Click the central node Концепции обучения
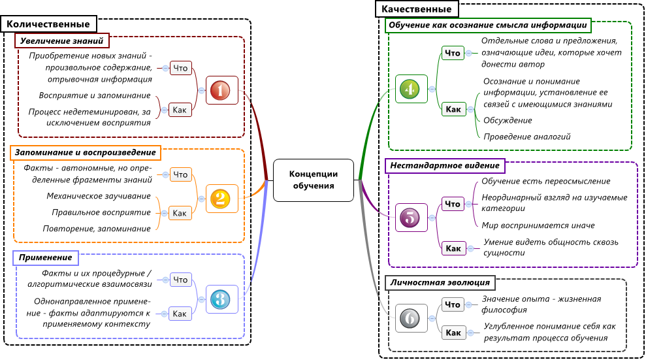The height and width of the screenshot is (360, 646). pyautogui.click(x=314, y=180)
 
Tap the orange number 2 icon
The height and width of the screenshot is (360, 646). pyautogui.click(x=219, y=199)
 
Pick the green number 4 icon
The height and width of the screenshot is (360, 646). pyautogui.click(x=410, y=89)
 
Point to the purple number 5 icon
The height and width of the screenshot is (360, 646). pyautogui.click(x=410, y=218)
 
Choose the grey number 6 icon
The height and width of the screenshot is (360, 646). pyautogui.click(x=410, y=318)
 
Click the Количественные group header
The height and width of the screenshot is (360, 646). pyautogui.click(x=49, y=24)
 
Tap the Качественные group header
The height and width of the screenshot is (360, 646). pyautogui.click(x=416, y=9)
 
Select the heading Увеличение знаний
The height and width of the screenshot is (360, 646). pyautogui.click(x=61, y=41)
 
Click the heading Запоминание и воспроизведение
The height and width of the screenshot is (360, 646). pyautogui.click(x=85, y=152)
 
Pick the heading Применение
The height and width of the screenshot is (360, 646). pyautogui.click(x=46, y=258)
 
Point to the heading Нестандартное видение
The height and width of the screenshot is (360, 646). pyautogui.click(x=445, y=165)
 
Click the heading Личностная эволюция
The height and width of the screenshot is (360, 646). pyautogui.click(x=440, y=283)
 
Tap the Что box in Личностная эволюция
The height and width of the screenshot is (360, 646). pyautogui.click(x=452, y=304)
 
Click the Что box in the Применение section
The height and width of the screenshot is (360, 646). pyautogui.click(x=180, y=280)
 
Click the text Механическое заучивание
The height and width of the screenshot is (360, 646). pyautogui.click(x=99, y=196)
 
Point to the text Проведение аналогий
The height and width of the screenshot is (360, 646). pyautogui.click(x=527, y=137)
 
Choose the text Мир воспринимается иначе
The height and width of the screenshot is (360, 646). pyautogui.click(x=538, y=225)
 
